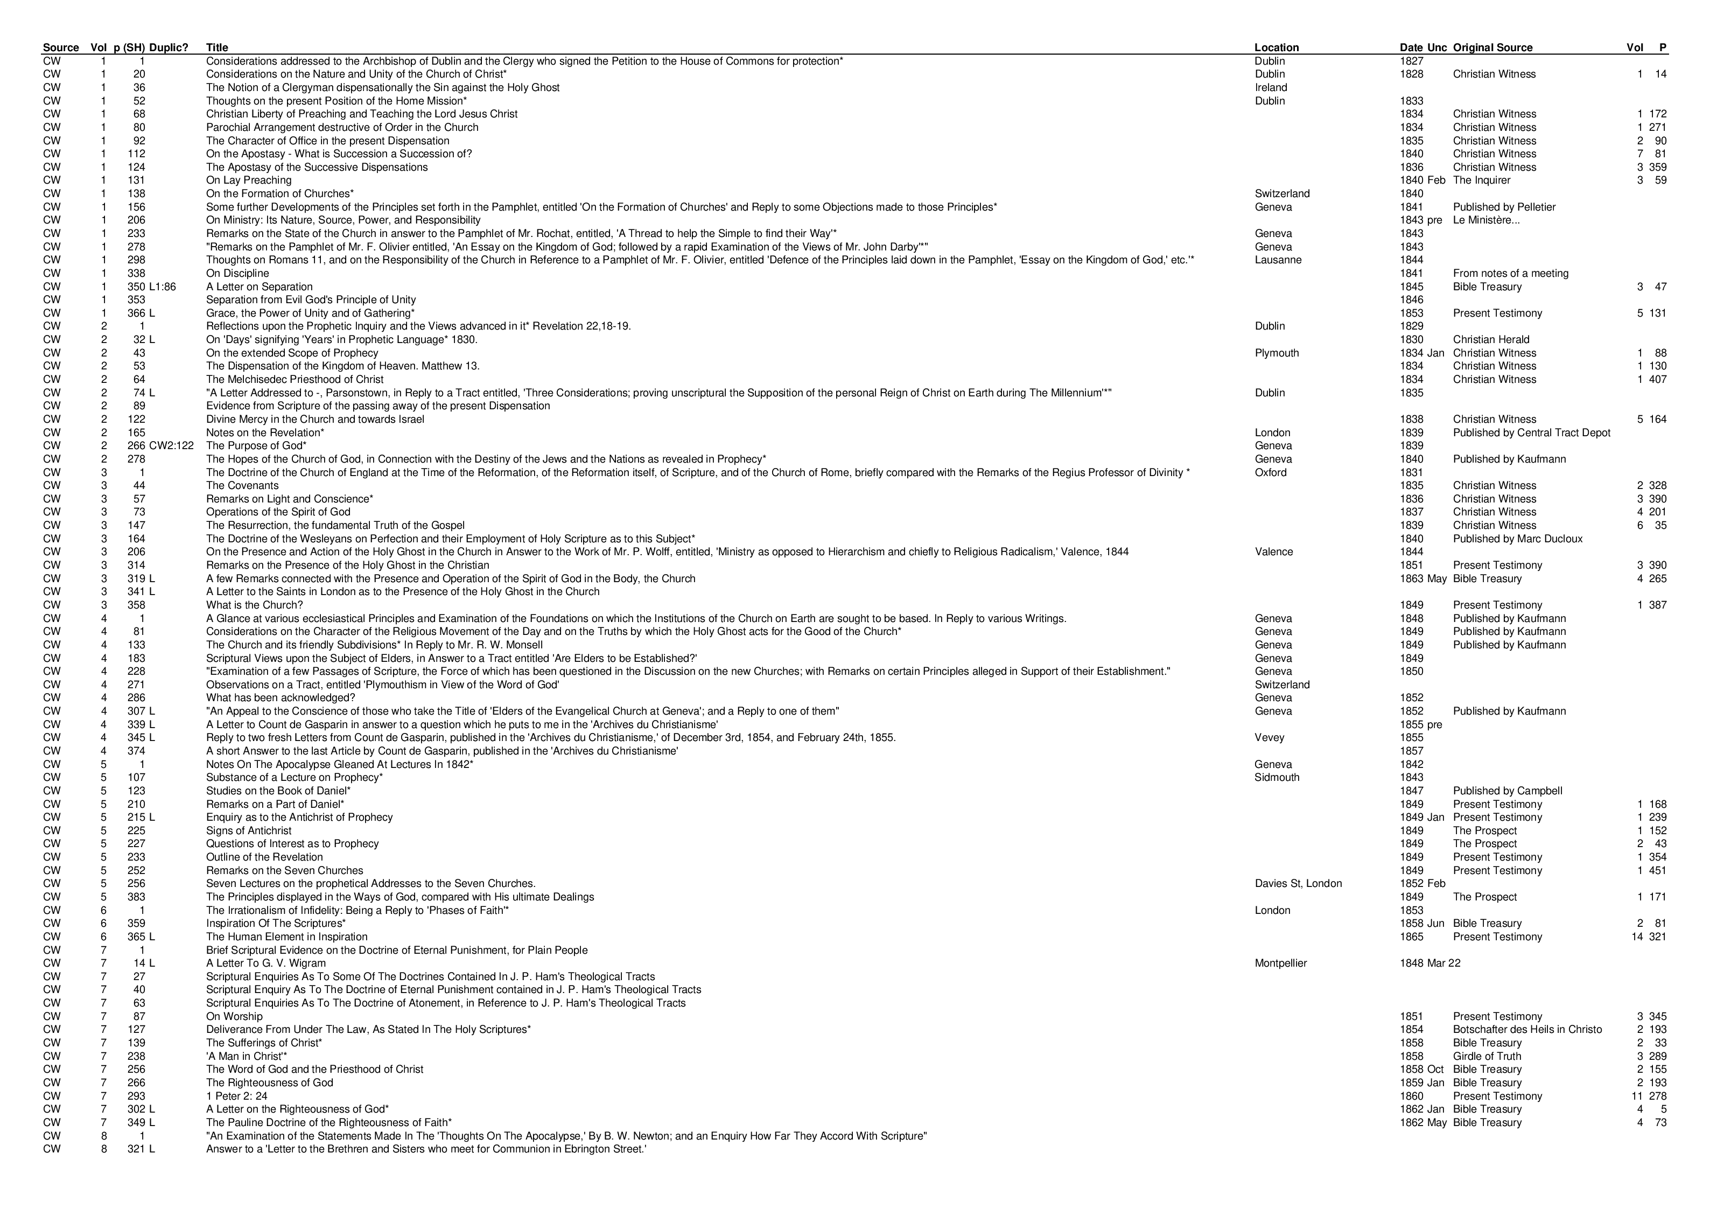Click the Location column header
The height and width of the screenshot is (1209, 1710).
[x=1276, y=48]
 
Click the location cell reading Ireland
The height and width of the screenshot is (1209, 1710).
[x=1271, y=88]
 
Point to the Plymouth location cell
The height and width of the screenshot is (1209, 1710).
[x=1277, y=353]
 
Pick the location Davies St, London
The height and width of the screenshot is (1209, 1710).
[x=1298, y=884]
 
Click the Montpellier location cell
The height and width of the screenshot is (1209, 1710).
[x=1280, y=963]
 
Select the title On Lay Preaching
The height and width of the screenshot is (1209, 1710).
[x=249, y=180]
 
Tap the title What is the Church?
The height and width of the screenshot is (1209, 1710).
[x=254, y=605]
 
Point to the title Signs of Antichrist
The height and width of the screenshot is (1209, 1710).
[x=249, y=830]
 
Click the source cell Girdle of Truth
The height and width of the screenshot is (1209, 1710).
[x=1487, y=1056]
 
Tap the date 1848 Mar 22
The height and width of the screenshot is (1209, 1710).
[x=1430, y=963]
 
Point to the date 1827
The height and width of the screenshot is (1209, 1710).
[x=1411, y=61]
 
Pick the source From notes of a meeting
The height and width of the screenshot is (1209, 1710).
[x=1510, y=274]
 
